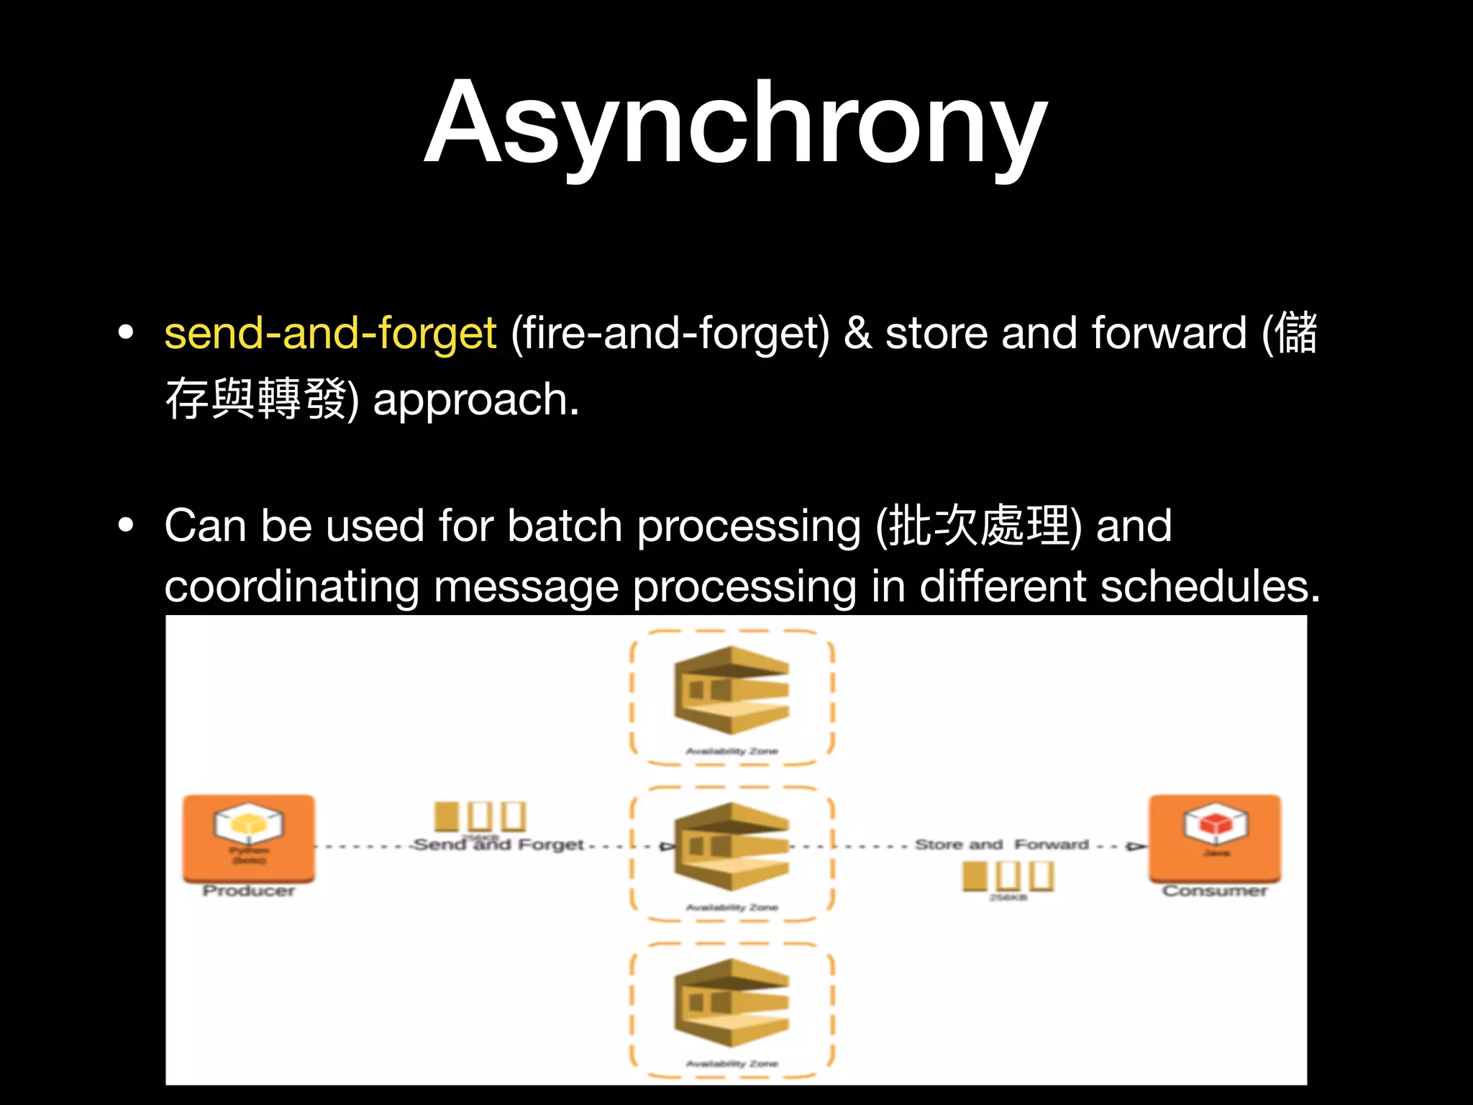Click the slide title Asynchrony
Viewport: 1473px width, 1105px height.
pyautogui.click(x=735, y=124)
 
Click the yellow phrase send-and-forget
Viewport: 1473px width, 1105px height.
pyautogui.click(x=330, y=333)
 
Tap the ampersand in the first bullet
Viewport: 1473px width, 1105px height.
pyautogui.click(x=857, y=333)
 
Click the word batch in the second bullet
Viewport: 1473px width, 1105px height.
pyautogui.click(x=564, y=525)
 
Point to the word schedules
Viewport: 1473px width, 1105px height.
pyautogui.click(x=1210, y=586)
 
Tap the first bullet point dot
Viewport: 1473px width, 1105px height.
pyautogui.click(x=126, y=333)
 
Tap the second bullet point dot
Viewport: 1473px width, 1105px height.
pyautogui.click(x=126, y=525)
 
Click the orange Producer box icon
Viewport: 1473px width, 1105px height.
pyautogui.click(x=249, y=837)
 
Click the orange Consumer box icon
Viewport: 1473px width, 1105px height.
pyautogui.click(x=1215, y=837)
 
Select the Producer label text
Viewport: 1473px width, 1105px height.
pyautogui.click(x=249, y=891)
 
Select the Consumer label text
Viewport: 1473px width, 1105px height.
pyautogui.click(x=1215, y=891)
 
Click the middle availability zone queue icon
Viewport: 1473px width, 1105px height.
pyautogui.click(x=731, y=846)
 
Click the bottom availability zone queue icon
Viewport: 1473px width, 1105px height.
pyautogui.click(x=731, y=1002)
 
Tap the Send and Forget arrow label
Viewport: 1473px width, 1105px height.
pyautogui.click(x=498, y=845)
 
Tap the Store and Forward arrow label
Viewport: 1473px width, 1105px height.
pyautogui.click(x=1001, y=845)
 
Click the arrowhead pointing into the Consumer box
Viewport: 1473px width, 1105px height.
pyautogui.click(x=1136, y=846)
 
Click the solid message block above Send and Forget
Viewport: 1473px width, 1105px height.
pyautogui.click(x=447, y=816)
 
